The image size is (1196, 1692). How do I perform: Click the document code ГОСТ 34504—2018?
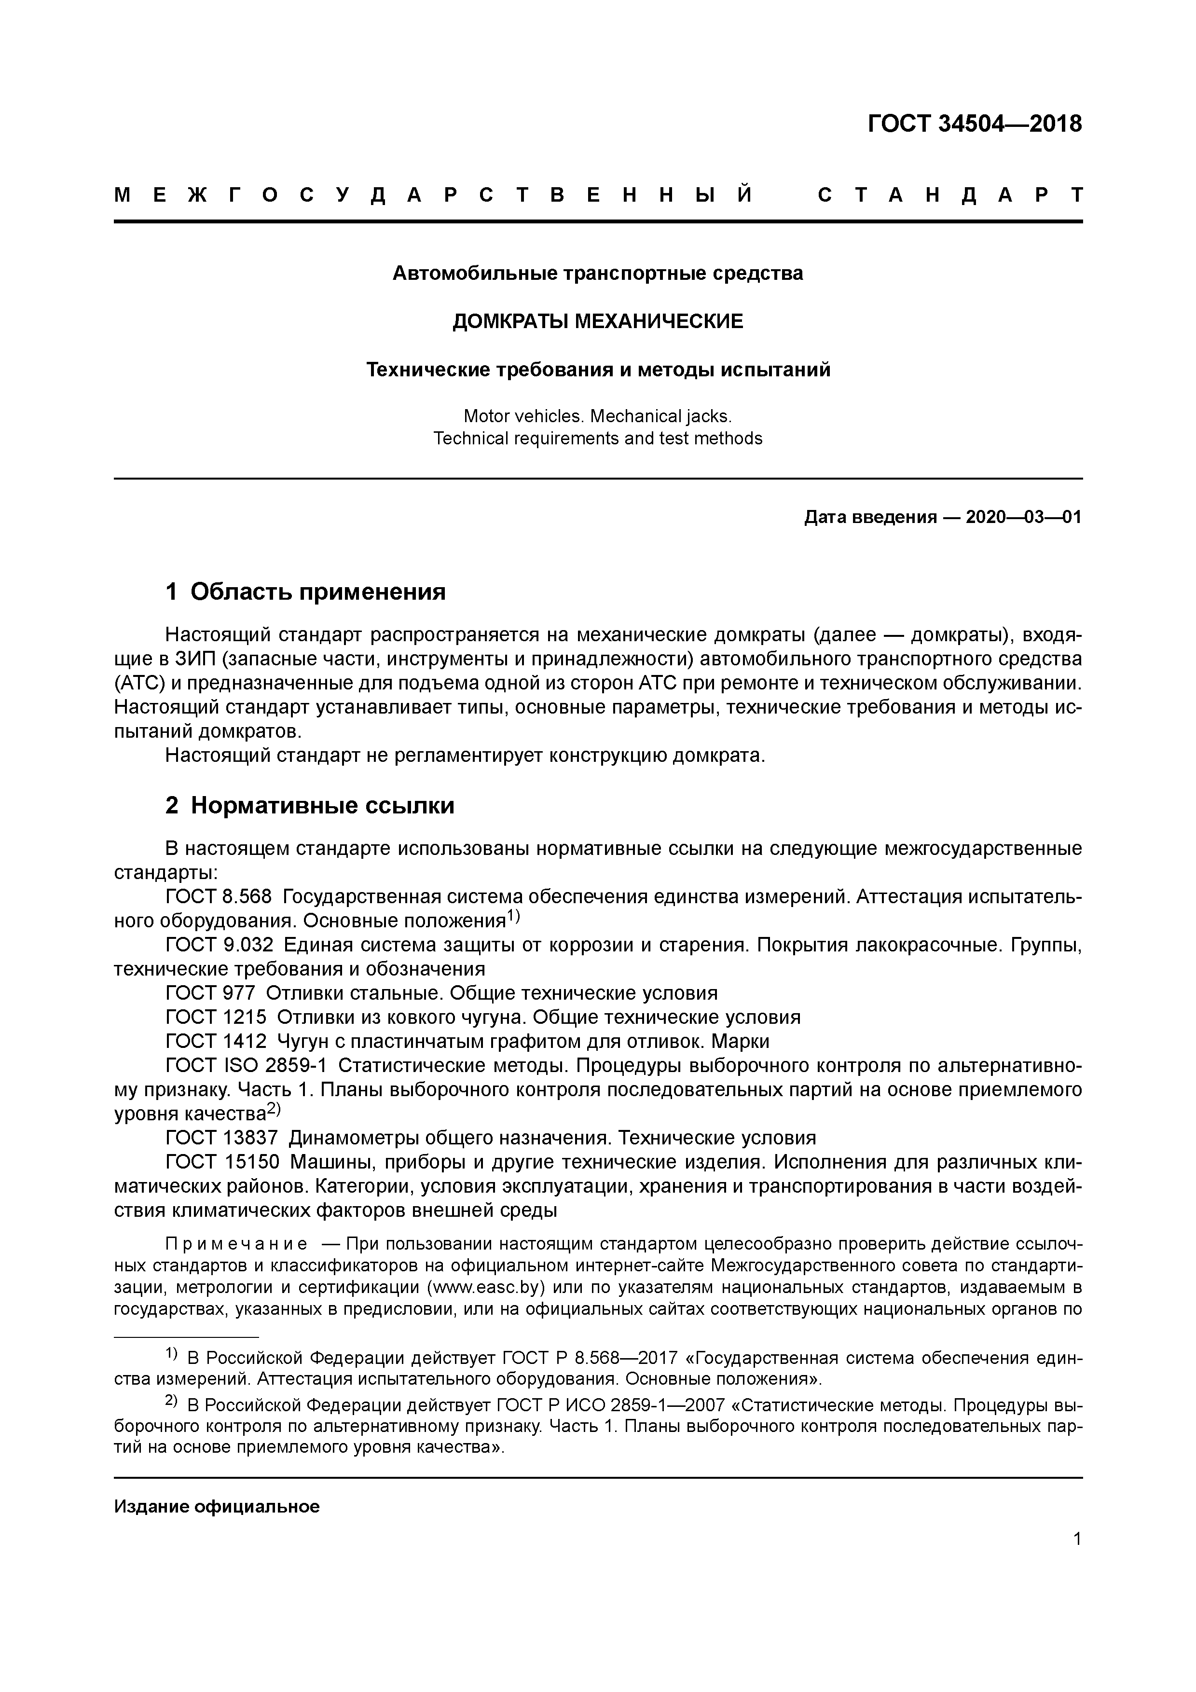click(x=974, y=124)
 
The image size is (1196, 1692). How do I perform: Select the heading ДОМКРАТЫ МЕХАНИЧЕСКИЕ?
click(x=598, y=321)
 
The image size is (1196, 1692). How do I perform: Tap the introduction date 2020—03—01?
click(x=1023, y=517)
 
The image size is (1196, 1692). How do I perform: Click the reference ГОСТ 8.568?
click(x=219, y=897)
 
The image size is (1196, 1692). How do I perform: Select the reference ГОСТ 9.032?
click(x=220, y=945)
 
